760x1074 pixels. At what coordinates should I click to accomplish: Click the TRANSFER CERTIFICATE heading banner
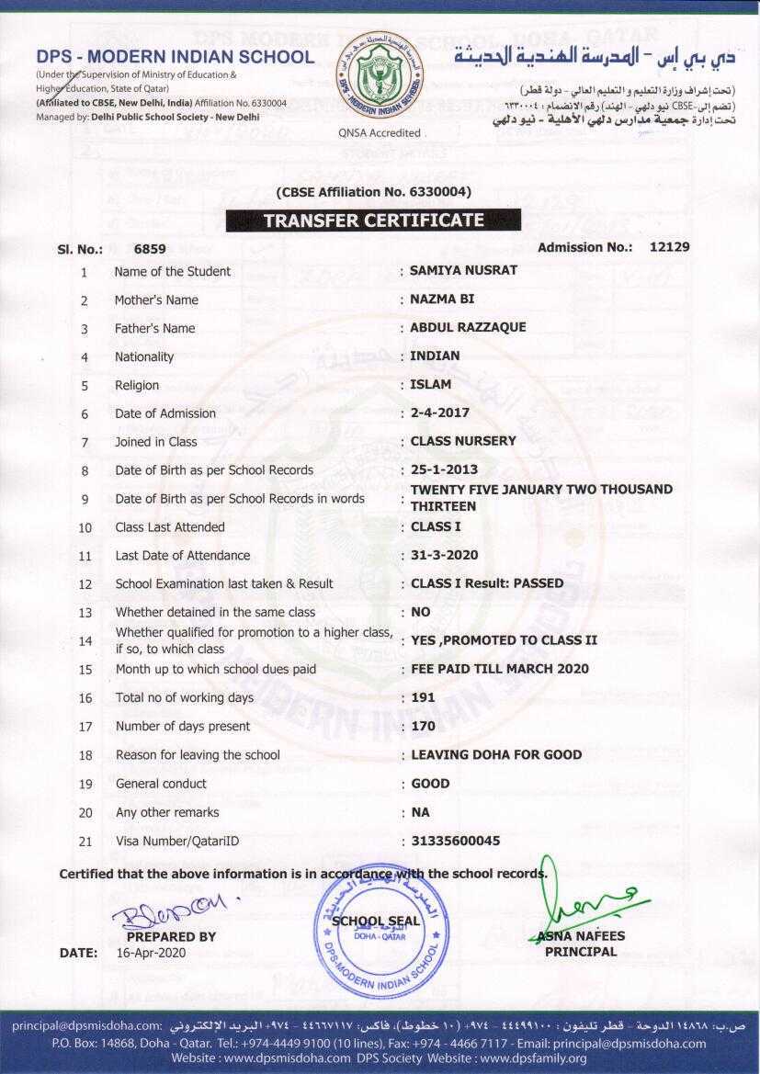373,220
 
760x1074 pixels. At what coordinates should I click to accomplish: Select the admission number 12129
669,246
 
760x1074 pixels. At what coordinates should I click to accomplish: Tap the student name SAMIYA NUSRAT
463,270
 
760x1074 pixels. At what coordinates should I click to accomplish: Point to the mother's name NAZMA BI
442,300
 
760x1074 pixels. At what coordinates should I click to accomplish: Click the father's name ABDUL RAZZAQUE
468,327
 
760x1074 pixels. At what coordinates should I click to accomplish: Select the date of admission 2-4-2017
439,413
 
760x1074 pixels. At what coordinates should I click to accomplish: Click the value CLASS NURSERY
463,441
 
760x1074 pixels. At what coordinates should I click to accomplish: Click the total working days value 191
423,697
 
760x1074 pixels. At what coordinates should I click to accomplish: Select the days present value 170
423,726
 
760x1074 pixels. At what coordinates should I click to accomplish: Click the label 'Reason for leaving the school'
198,754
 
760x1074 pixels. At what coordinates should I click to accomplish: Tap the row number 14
85,640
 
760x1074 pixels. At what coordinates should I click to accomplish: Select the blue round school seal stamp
382,928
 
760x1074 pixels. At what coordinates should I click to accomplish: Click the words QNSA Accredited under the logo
380,133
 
